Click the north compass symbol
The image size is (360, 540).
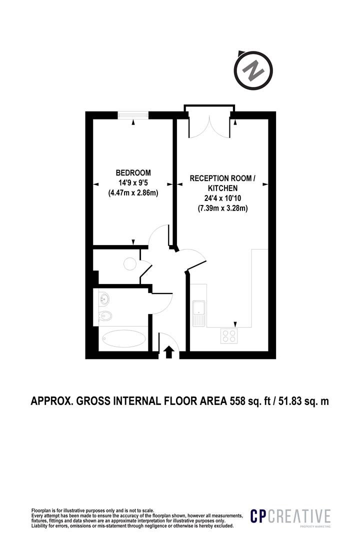(253, 71)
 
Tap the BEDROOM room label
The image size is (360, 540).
(133, 173)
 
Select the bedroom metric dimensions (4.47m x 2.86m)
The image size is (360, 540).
(133, 193)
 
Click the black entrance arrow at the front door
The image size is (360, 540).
(169, 352)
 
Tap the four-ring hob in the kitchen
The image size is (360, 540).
(229, 336)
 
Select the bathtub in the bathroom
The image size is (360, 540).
(123, 339)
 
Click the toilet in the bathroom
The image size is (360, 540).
(106, 316)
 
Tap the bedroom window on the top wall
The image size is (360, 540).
(133, 115)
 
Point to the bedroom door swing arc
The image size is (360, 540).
(161, 235)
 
